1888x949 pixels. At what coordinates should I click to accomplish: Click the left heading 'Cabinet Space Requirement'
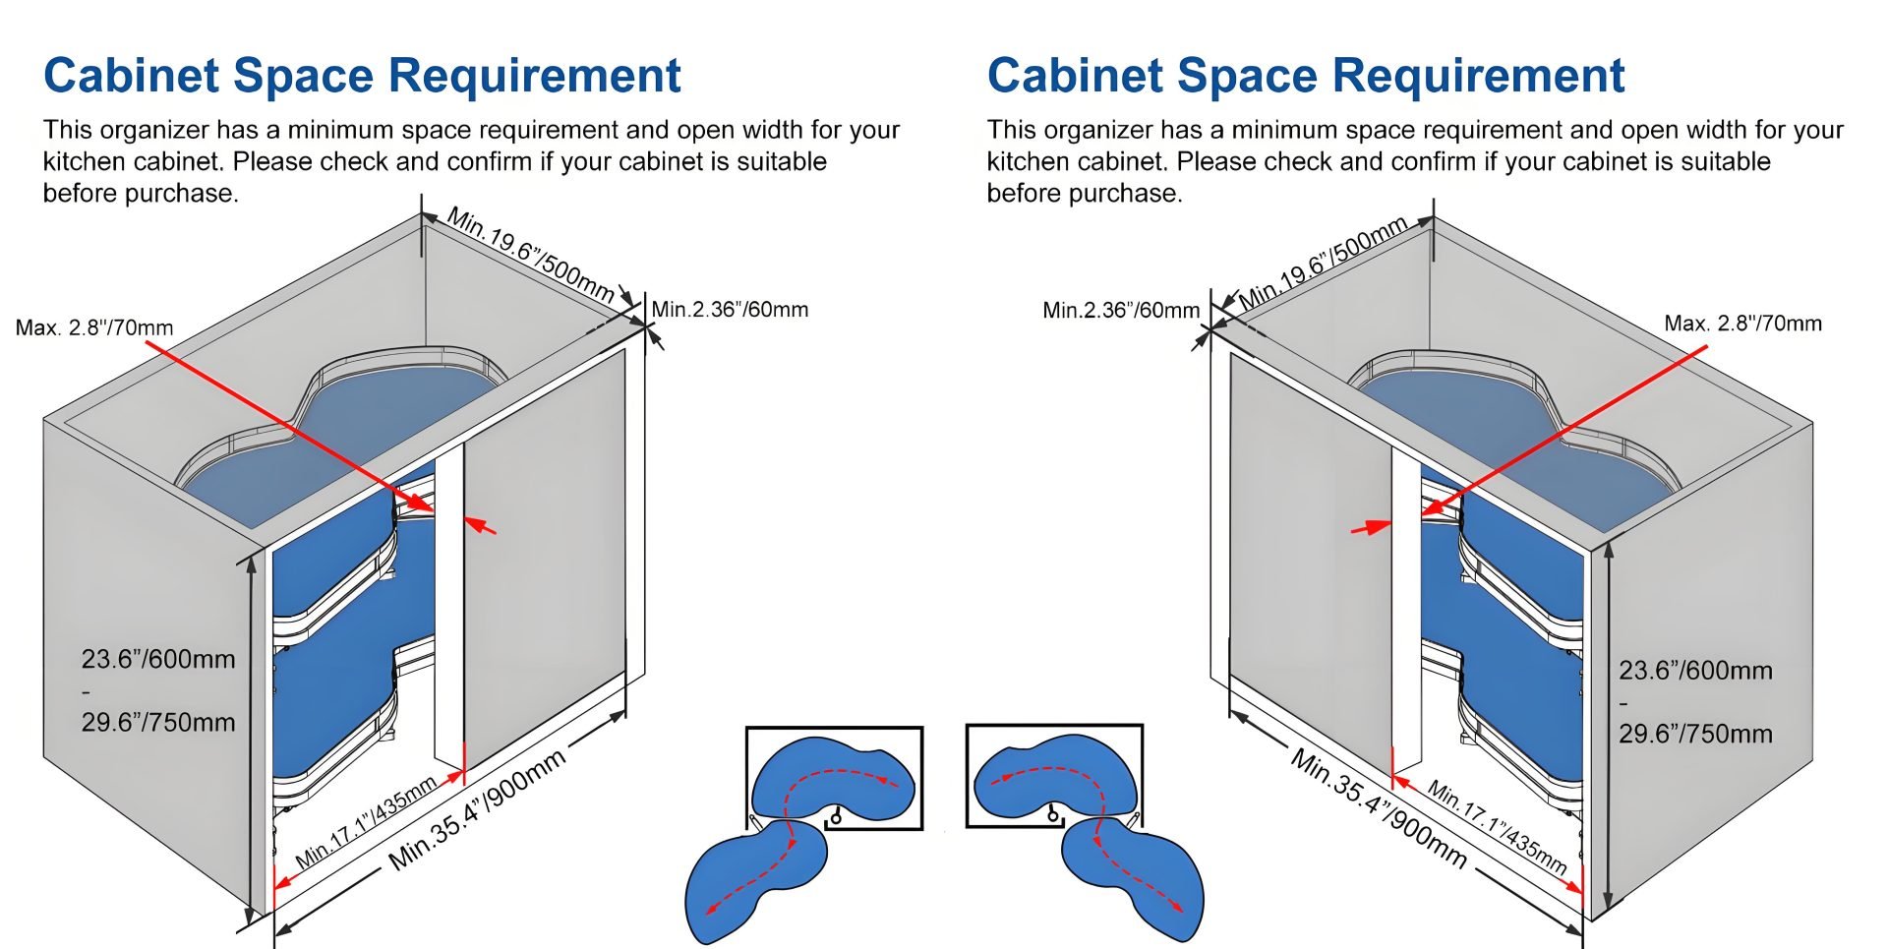point(362,76)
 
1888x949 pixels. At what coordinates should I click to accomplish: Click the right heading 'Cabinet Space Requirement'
point(1306,76)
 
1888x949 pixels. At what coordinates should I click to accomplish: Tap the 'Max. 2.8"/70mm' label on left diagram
point(94,327)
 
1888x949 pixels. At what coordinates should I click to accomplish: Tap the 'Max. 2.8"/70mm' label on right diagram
point(1742,324)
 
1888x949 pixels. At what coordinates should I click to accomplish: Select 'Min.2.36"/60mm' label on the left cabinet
point(730,310)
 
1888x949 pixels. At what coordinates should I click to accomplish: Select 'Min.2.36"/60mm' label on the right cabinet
point(1121,311)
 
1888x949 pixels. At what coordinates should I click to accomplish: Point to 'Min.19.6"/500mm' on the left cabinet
point(531,254)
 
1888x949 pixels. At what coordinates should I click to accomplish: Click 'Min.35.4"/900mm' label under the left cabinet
point(478,809)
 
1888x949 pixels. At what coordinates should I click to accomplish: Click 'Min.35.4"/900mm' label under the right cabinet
point(1379,808)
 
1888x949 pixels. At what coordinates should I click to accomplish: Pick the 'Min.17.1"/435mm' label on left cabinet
point(366,821)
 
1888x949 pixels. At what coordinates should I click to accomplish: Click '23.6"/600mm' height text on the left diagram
point(158,659)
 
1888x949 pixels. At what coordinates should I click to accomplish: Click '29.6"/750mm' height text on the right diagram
point(1696,734)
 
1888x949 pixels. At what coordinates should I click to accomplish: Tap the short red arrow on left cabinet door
point(480,526)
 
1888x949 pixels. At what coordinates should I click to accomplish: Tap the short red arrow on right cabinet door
point(1371,528)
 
